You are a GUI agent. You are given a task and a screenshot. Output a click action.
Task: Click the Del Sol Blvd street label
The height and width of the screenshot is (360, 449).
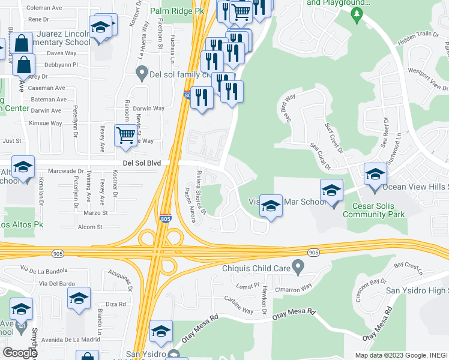[142, 162]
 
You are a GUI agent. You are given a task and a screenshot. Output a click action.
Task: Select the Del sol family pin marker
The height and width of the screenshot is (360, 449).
[142, 74]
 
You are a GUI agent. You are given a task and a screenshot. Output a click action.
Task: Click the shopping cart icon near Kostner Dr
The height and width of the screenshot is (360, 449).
[125, 136]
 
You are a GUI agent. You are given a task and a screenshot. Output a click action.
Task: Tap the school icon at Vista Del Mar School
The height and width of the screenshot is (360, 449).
[271, 206]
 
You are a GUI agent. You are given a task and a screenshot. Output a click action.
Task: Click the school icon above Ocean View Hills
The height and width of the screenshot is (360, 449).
[375, 174]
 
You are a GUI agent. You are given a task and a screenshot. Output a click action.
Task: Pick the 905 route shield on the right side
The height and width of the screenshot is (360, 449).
[313, 253]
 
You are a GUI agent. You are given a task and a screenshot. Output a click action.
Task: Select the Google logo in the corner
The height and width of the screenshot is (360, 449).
[19, 353]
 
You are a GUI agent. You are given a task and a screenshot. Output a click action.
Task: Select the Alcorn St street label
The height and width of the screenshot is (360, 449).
[91, 227]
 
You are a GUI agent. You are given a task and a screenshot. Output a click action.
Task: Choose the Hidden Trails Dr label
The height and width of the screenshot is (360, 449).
[414, 37]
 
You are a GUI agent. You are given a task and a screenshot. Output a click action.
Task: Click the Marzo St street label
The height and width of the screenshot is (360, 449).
[95, 212]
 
